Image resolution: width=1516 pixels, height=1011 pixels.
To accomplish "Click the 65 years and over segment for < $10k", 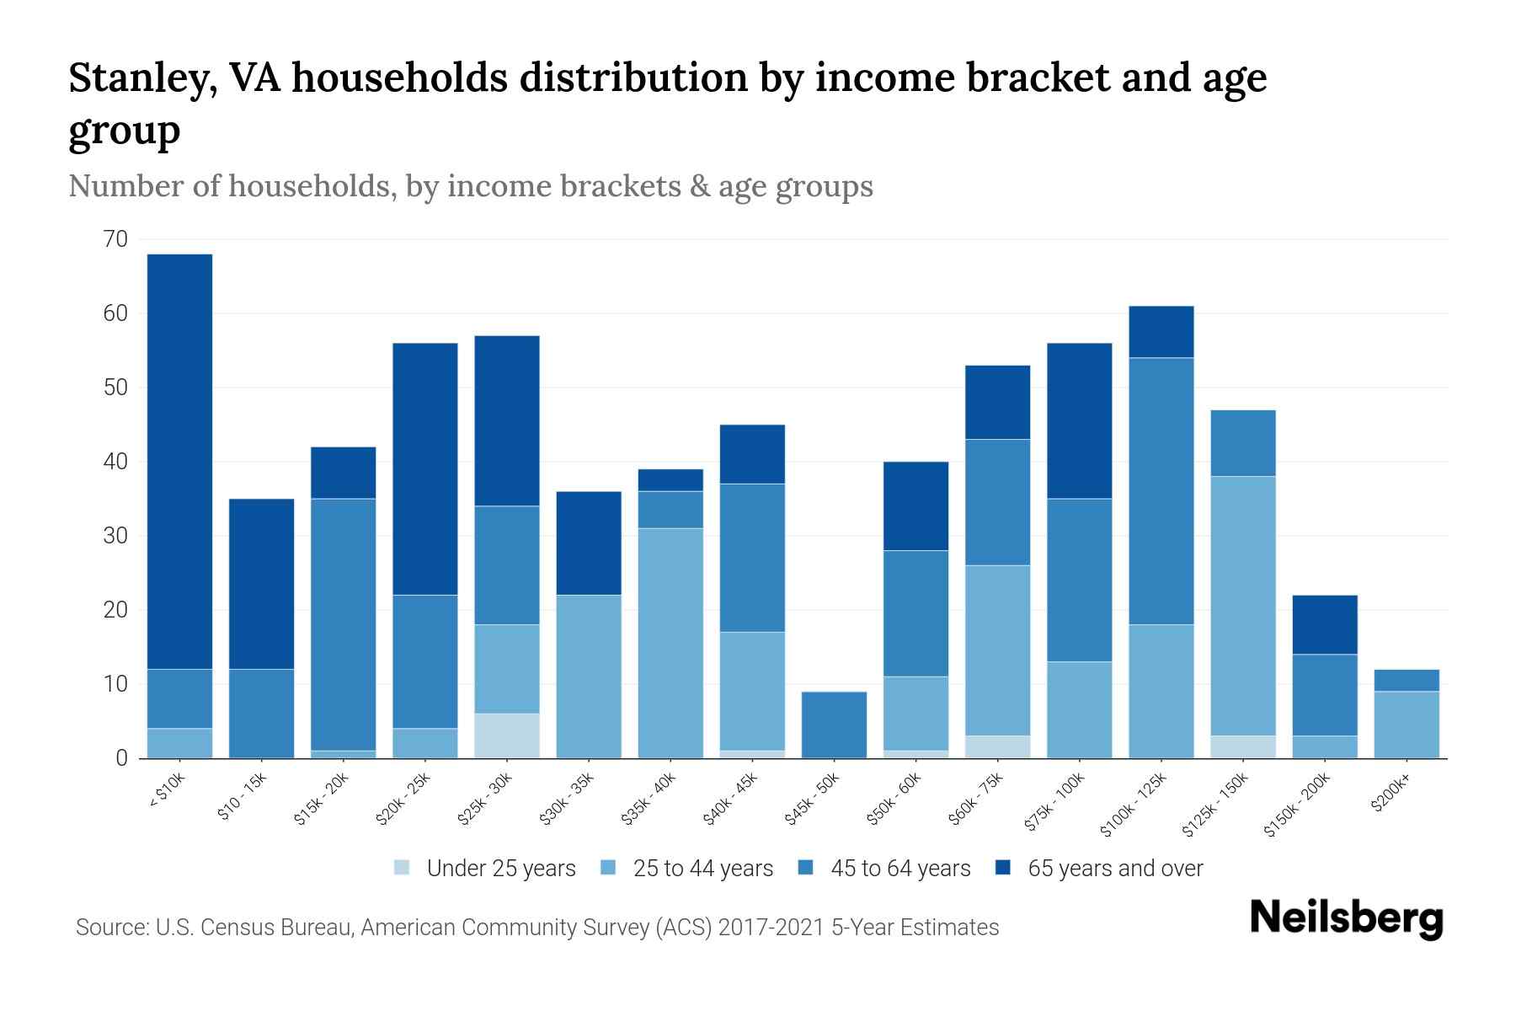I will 179,461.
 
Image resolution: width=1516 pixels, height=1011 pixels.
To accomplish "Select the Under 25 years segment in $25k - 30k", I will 506,736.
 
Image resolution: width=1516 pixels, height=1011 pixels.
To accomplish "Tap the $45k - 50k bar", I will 834,725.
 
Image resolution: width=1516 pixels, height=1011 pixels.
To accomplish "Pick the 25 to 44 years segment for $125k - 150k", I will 1243,606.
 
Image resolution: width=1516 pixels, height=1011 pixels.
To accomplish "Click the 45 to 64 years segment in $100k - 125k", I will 1161,491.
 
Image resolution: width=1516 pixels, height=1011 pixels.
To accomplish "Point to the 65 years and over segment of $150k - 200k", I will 1325,624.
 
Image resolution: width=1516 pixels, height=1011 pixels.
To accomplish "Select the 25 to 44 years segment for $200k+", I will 1407,725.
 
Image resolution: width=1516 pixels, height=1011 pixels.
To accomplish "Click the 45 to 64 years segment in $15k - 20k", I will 343,624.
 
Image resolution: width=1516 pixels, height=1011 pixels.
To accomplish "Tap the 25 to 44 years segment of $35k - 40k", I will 670,643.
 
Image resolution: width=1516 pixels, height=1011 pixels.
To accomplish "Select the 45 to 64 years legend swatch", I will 806,868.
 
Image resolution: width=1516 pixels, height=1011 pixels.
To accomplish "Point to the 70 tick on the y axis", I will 116,239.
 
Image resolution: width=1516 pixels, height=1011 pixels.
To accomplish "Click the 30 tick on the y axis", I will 116,536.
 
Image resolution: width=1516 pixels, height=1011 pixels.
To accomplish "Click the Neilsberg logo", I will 1346,919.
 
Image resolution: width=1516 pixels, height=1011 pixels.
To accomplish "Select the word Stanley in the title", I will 138,78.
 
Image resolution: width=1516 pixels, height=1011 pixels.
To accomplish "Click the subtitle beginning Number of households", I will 470,186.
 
